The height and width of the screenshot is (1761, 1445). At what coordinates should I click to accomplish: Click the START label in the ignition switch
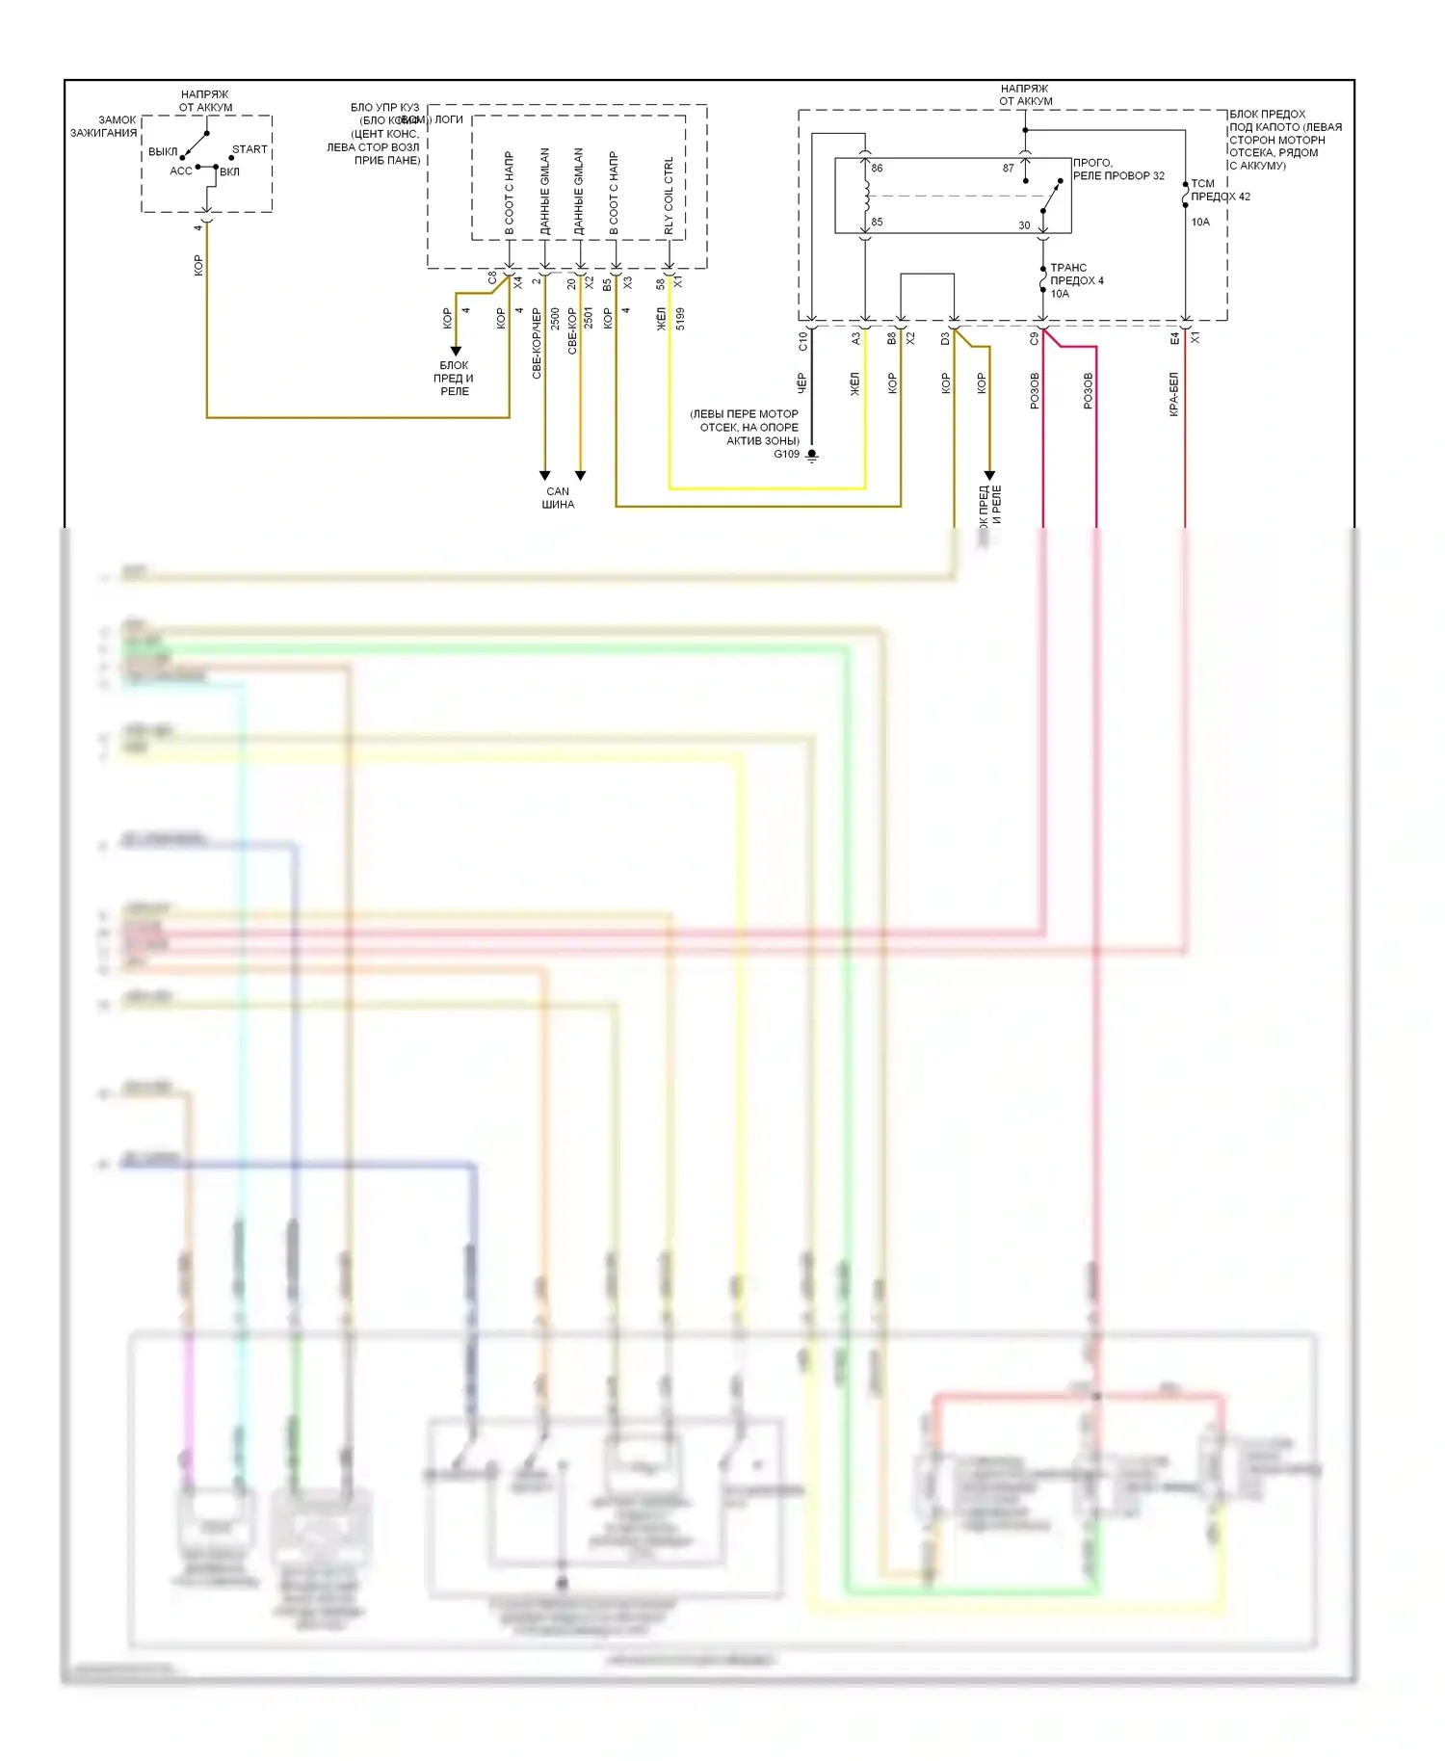[250, 149]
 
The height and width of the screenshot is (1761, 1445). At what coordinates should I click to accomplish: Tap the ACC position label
[180, 171]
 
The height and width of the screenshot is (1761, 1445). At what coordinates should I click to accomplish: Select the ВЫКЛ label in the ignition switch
[163, 152]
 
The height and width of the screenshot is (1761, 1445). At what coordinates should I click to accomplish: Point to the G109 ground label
[787, 455]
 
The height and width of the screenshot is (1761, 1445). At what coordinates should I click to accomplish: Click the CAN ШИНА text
[558, 498]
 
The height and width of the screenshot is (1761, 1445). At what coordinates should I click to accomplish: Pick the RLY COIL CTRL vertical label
[669, 197]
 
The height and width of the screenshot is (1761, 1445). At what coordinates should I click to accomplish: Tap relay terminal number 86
[877, 169]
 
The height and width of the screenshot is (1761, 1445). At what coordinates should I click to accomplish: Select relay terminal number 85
[877, 223]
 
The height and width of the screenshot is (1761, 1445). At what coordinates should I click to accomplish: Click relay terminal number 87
[1008, 169]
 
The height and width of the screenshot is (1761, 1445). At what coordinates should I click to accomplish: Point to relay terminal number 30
[1024, 225]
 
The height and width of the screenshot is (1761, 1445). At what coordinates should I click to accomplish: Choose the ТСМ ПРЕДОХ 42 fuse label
[1220, 190]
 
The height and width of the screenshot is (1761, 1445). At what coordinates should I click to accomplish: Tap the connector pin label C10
[802, 340]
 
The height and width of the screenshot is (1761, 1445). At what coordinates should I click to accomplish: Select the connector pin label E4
[1174, 339]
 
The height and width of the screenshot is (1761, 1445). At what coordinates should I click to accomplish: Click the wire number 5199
[680, 319]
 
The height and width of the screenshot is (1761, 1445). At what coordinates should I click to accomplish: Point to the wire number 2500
[555, 319]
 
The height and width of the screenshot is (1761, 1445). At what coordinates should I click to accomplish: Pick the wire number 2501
[589, 319]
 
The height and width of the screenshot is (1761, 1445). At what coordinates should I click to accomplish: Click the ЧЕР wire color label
[801, 383]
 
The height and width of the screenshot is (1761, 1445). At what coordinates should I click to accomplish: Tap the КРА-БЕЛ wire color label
[1173, 394]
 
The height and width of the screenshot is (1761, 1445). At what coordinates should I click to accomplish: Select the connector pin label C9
[1035, 339]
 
